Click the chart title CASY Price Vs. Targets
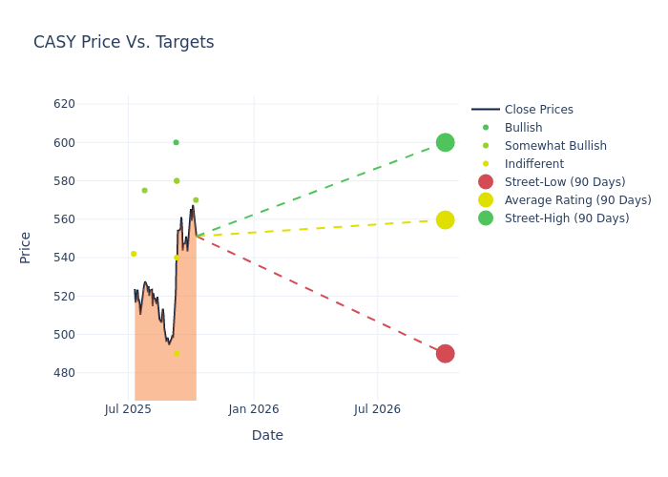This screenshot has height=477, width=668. coord(123,42)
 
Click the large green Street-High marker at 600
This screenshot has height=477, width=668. coord(445,142)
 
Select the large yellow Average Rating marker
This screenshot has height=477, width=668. coord(445,219)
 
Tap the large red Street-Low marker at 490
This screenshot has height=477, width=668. coord(445,353)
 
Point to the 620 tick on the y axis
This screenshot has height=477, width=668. coord(91,104)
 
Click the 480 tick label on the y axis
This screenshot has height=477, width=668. coord(91,373)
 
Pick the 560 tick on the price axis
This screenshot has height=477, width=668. coord(91,219)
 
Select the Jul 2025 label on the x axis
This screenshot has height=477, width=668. coord(128,409)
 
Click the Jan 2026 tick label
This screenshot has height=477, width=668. coord(254,409)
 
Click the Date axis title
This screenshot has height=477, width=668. coord(267,435)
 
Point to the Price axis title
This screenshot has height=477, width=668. coord(26,247)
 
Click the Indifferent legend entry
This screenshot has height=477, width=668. coord(533,164)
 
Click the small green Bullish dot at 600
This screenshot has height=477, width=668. coord(176,142)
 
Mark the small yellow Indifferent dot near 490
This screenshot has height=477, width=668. coord(177,354)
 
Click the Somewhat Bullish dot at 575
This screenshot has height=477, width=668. coord(144,191)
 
